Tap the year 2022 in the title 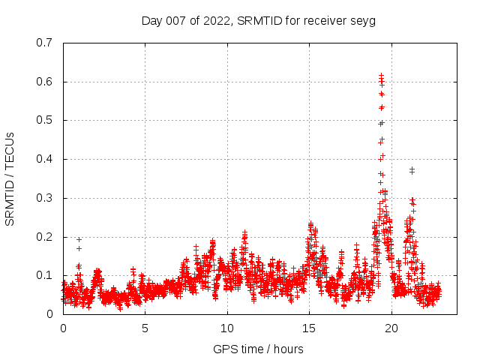point(217,21)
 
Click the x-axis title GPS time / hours point(258,349)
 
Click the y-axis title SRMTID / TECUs point(10,178)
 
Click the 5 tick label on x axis point(145,328)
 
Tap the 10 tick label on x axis point(227,328)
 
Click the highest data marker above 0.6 point(381,75)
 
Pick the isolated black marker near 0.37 point(412,170)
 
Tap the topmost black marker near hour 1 point(79,239)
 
